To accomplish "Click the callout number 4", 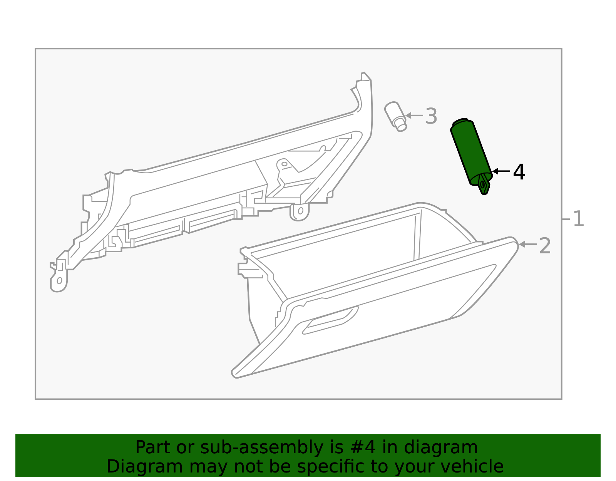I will [x=519, y=172].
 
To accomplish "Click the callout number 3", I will [x=431, y=116].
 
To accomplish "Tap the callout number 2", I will [x=545, y=246].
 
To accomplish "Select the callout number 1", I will [x=578, y=219].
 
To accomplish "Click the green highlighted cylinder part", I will [x=471, y=152].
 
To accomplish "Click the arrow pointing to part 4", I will [x=501, y=171].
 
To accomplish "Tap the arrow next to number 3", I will [x=414, y=115].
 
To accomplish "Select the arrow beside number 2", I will [x=527, y=244].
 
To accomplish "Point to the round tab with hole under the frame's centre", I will [x=300, y=211].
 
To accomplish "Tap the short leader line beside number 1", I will [x=566, y=219].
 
